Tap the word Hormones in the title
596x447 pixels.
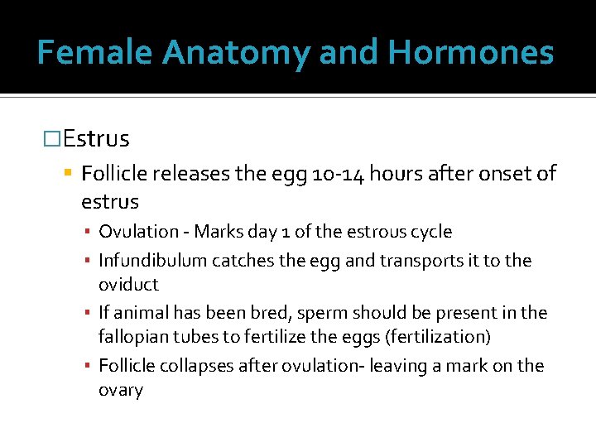click(471, 53)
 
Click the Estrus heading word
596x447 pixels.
click(96, 137)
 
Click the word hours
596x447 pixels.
click(396, 174)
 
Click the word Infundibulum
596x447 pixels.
click(153, 261)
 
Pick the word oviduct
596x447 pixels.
click(128, 284)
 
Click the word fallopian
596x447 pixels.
click(134, 337)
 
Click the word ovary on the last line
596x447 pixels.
click(121, 390)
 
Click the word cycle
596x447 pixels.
click(430, 232)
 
